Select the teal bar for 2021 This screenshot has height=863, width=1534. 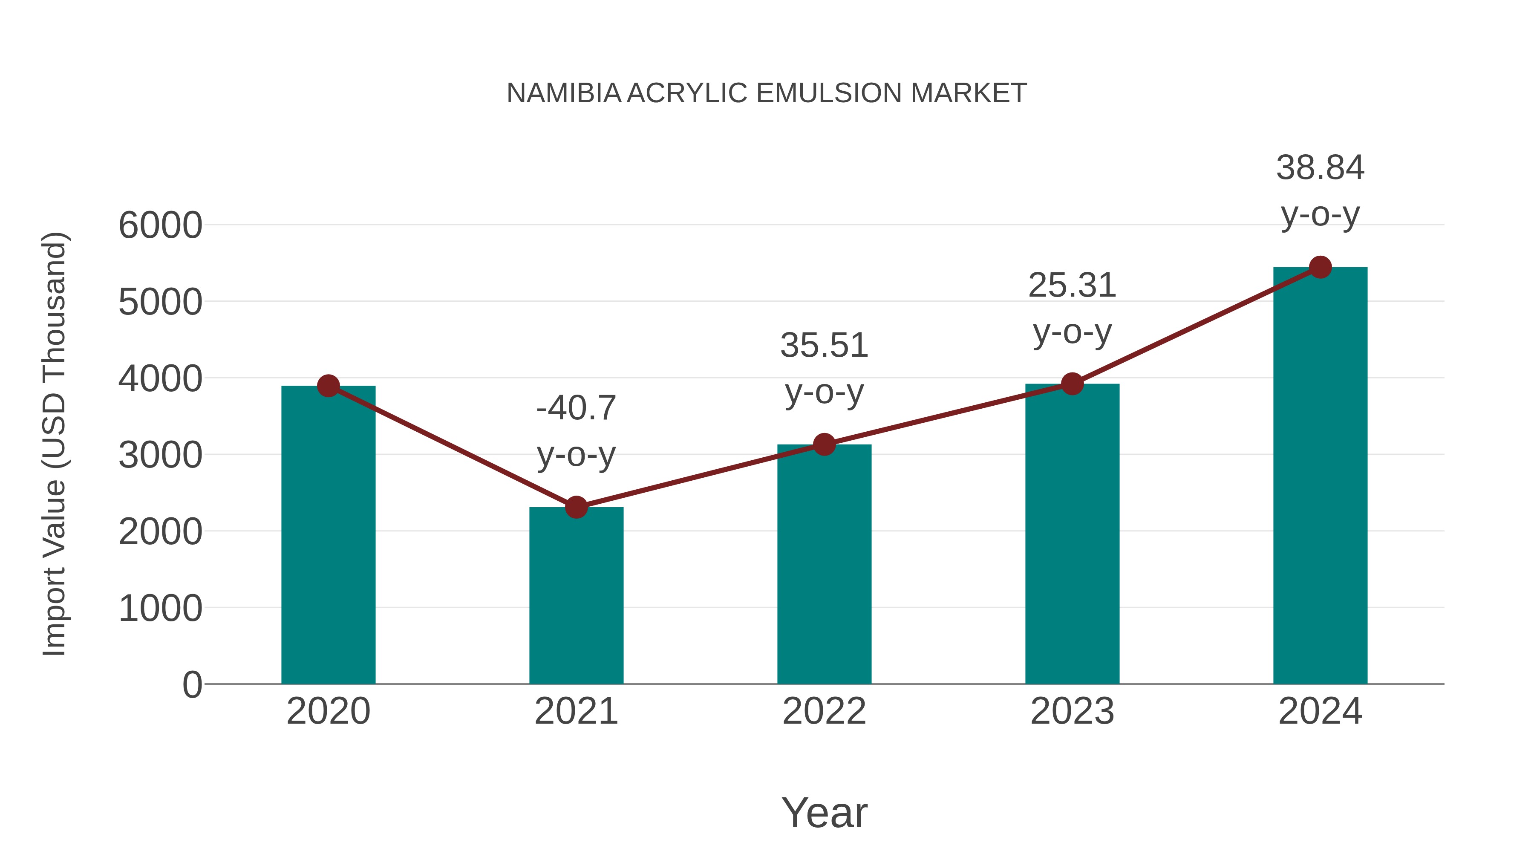576,596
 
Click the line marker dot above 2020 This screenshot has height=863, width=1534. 328,386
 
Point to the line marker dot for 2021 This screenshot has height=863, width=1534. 576,508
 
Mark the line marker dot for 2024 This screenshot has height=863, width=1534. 1320,267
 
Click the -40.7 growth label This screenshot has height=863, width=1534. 576,409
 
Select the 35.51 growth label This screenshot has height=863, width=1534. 824,346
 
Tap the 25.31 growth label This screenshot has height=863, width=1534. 1072,285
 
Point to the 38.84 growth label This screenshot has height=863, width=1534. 1320,168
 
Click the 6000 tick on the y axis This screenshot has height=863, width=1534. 160,226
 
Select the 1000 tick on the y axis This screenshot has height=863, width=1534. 160,609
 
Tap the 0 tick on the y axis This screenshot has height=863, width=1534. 192,685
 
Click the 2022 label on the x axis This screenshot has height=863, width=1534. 824,711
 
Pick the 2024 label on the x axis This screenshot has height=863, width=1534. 1320,711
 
